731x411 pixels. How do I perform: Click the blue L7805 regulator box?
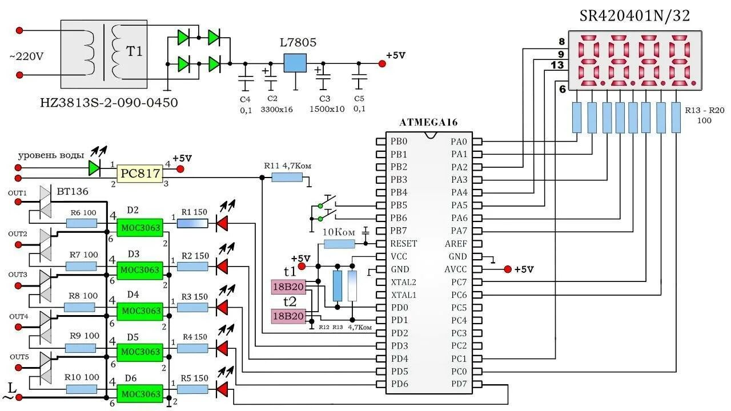pos(295,63)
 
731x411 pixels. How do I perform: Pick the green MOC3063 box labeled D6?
pos(140,394)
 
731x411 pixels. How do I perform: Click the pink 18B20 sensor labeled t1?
pos(288,287)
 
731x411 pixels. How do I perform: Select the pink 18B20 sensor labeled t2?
pos(288,316)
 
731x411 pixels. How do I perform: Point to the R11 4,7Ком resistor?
pos(287,178)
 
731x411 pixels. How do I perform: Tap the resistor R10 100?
pos(81,389)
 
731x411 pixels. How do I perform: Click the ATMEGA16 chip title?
pos(428,122)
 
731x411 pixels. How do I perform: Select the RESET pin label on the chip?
pos(403,244)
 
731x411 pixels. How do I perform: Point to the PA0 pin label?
pos(459,141)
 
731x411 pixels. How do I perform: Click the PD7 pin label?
pos(459,384)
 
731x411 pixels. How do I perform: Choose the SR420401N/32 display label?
pos(634,16)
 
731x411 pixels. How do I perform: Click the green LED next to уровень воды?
pos(94,168)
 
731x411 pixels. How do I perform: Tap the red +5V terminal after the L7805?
pos(382,63)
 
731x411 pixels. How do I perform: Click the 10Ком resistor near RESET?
pos(339,244)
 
